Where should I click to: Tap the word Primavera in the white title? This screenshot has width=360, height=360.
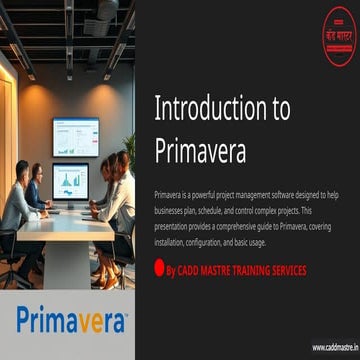(200, 150)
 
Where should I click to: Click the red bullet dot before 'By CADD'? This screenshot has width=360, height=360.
(159, 270)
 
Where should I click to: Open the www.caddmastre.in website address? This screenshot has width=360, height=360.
(332, 347)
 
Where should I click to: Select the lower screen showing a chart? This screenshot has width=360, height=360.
(70, 181)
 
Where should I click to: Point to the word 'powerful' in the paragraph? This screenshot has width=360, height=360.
(208, 194)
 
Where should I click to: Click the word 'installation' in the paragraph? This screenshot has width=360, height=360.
(173, 240)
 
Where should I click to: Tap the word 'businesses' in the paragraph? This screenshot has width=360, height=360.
(173, 210)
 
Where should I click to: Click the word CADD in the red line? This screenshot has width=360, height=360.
(191, 271)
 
